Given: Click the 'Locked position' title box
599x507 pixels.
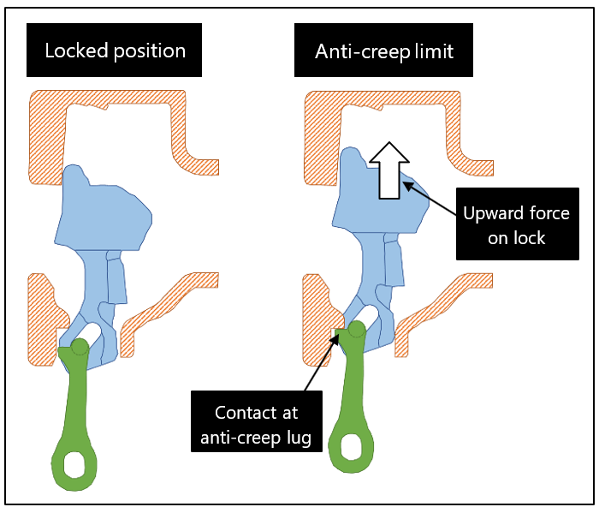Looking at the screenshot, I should [x=115, y=51].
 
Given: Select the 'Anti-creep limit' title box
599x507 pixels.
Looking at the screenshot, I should [x=384, y=51].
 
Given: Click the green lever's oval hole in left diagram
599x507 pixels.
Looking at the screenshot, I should [x=74, y=463].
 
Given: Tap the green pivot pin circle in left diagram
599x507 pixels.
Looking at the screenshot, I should [x=80, y=346].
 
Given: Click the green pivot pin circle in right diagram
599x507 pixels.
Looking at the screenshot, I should [x=357, y=328].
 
